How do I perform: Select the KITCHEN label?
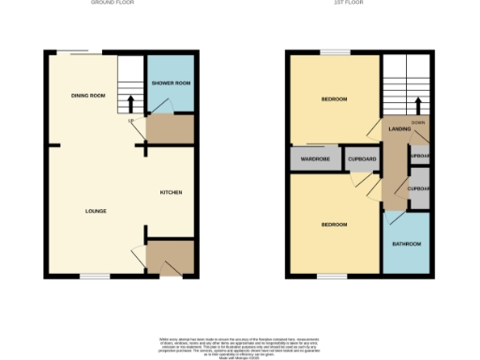[x=171, y=192]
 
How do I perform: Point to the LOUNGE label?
[x=95, y=211]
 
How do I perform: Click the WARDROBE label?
[x=314, y=160]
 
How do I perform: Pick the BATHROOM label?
[x=407, y=244]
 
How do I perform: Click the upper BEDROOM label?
[x=335, y=99]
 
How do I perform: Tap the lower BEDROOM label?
[x=335, y=225]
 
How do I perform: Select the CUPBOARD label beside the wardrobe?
[x=362, y=160]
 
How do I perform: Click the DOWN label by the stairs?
[x=418, y=123]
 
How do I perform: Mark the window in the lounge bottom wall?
[x=94, y=276]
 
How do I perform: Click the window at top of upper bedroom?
[x=335, y=52]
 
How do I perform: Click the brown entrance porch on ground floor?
[x=170, y=256]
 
